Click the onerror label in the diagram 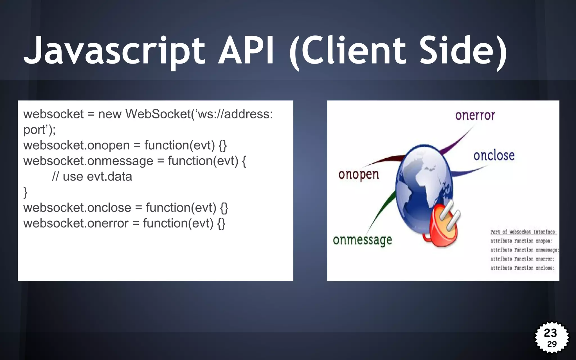pyautogui.click(x=475, y=115)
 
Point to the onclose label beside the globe pyautogui.click(x=494, y=156)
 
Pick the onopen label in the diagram pyautogui.click(x=359, y=175)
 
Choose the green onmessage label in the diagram pyautogui.click(x=362, y=240)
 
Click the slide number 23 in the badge pyautogui.click(x=550, y=333)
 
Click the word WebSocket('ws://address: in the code pyautogui.click(x=199, y=114)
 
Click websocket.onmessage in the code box pyautogui.click(x=88, y=161)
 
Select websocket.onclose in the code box pyautogui.click(x=77, y=208)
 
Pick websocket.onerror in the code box pyautogui.click(x=76, y=223)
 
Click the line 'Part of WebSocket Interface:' pyautogui.click(x=523, y=232)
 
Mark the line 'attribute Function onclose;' pyautogui.click(x=522, y=268)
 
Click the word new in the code pyautogui.click(x=110, y=114)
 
